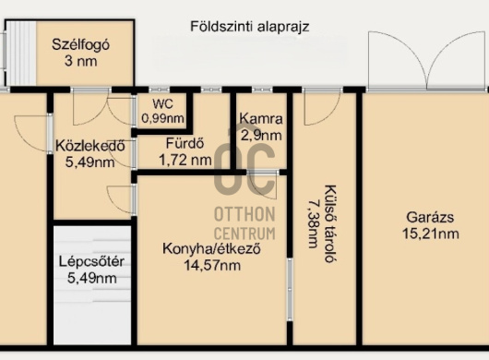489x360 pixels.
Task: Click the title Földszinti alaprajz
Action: [x=249, y=27]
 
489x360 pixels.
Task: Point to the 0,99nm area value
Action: [x=163, y=119]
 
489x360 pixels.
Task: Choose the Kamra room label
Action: [x=260, y=119]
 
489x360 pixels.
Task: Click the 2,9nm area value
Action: [x=260, y=135]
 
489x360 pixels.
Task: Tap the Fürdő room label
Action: [x=184, y=144]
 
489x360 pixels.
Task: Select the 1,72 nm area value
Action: [x=185, y=160]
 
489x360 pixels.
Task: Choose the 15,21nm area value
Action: [x=425, y=234]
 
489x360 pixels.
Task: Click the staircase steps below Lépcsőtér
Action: [x=90, y=314]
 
